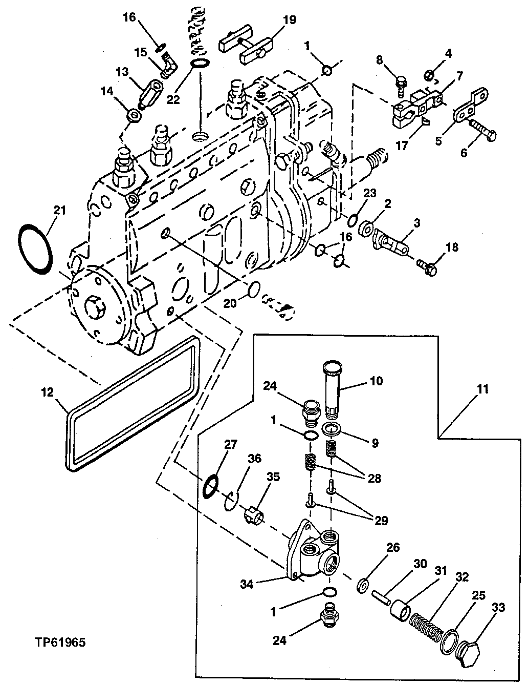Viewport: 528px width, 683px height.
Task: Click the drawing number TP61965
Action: coord(60,641)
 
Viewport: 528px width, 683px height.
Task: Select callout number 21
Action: coord(60,210)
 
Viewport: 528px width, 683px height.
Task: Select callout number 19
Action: coord(289,20)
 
